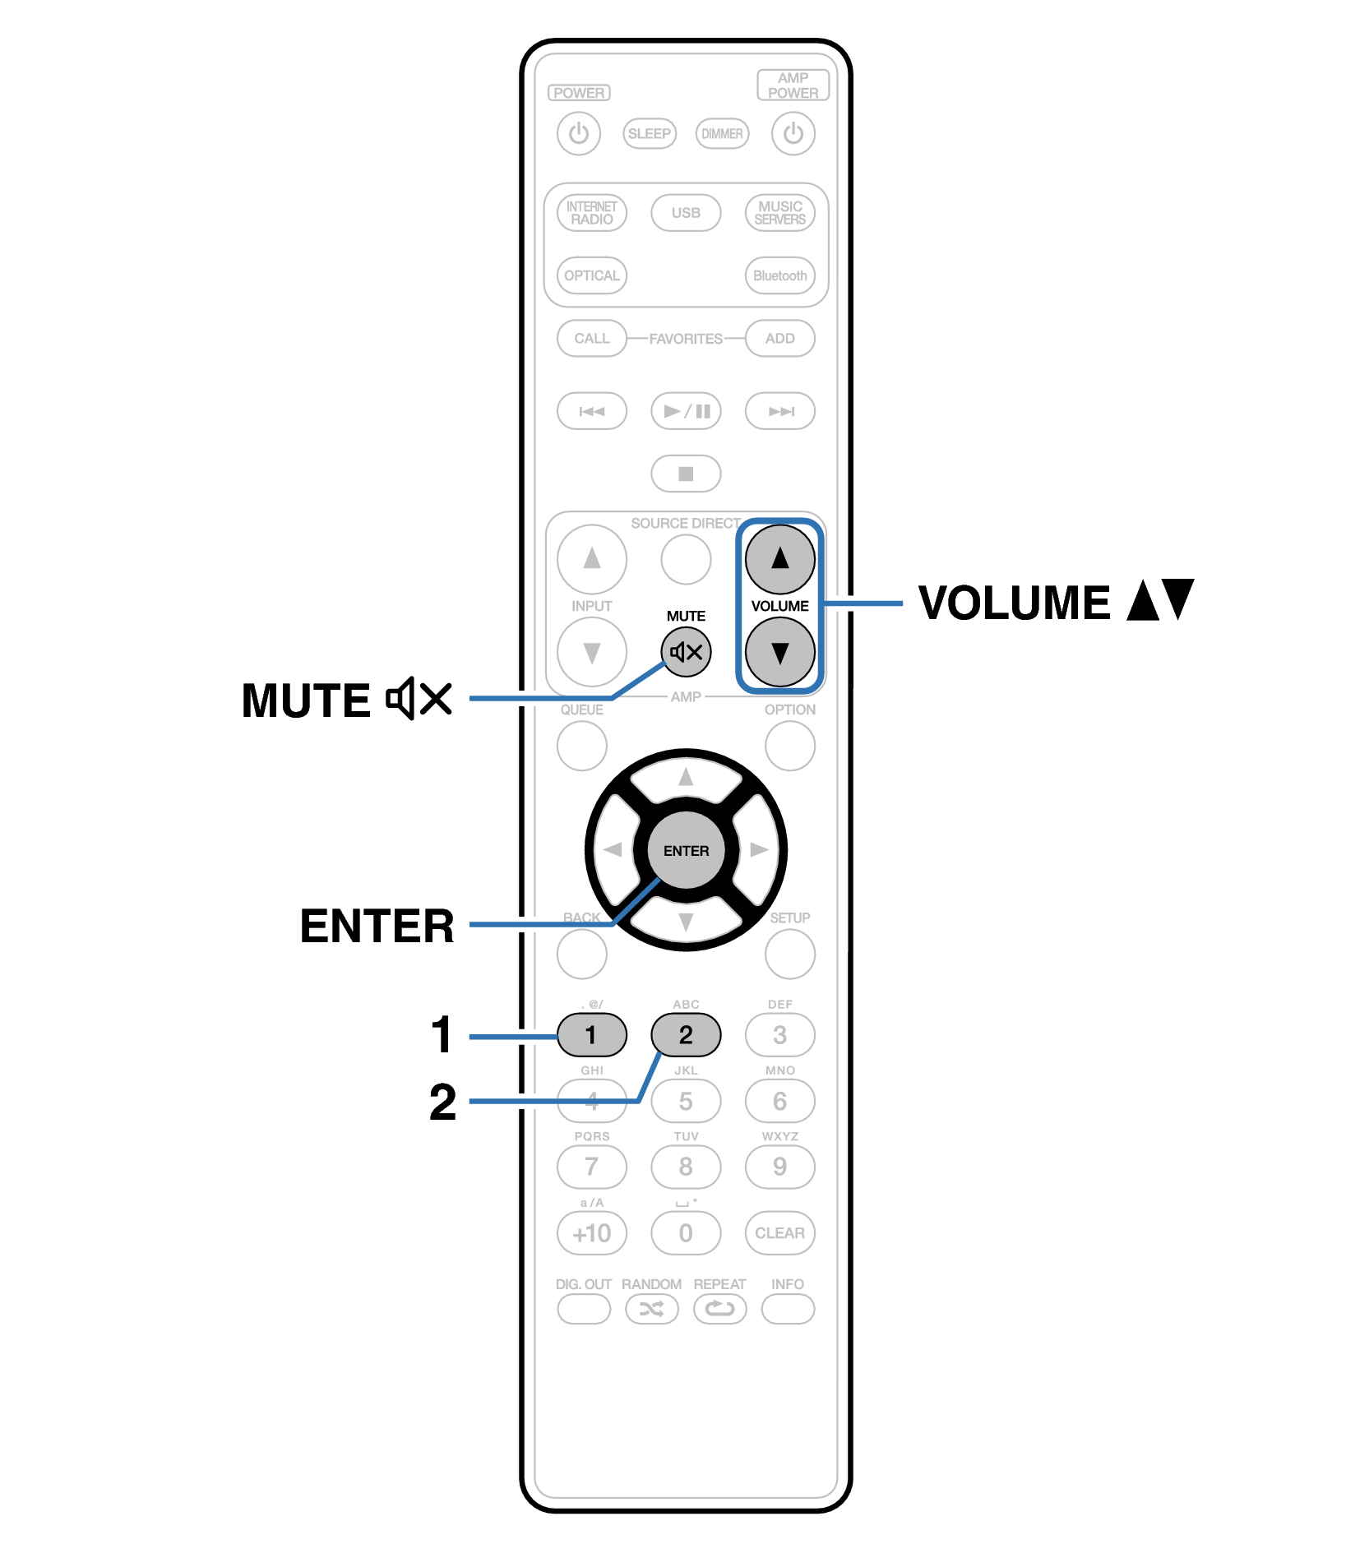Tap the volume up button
click(779, 559)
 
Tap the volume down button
click(779, 652)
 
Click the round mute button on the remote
click(686, 652)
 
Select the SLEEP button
click(649, 133)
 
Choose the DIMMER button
click(722, 133)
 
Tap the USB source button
click(686, 213)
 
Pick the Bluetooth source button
click(779, 275)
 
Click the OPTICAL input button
click(592, 275)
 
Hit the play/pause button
click(686, 411)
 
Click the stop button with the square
click(686, 474)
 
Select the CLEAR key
click(779, 1233)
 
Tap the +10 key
click(592, 1233)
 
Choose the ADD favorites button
click(779, 339)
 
